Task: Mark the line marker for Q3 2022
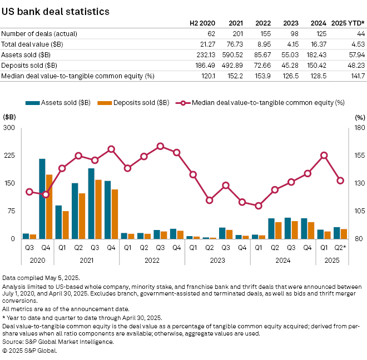(160, 146)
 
